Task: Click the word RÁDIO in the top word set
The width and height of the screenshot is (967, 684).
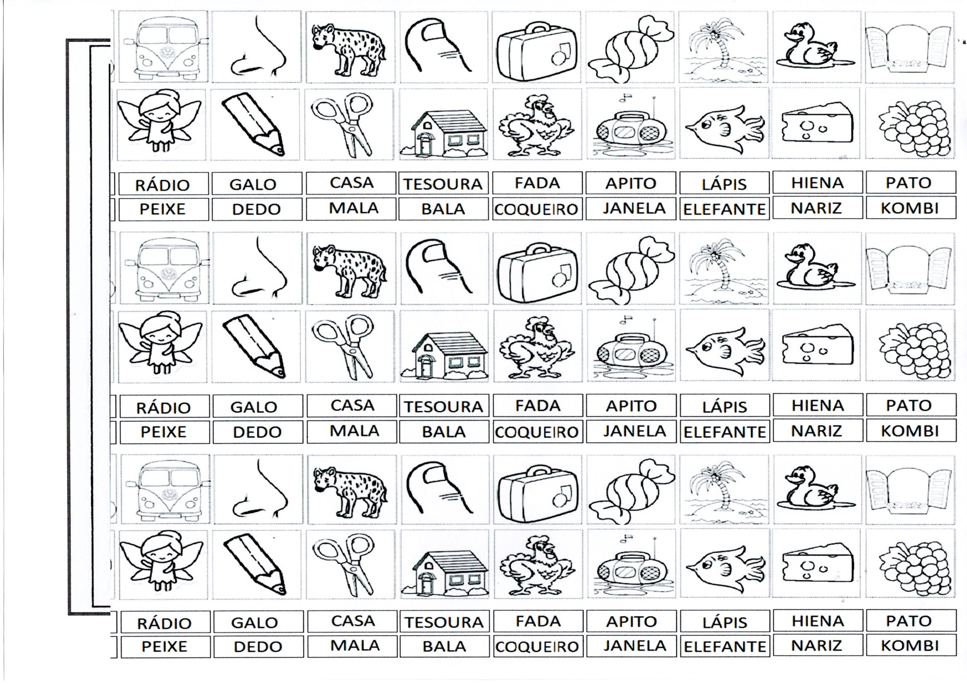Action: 162,185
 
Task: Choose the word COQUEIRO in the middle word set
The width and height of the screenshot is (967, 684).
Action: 536,432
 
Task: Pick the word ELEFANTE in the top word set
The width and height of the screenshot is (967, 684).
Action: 724,209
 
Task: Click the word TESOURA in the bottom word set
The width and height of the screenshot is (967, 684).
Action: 444,622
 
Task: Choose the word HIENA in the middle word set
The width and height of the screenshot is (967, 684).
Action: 818,406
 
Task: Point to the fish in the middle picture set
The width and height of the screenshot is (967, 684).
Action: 724,348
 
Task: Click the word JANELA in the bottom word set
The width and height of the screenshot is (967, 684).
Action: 635,646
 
